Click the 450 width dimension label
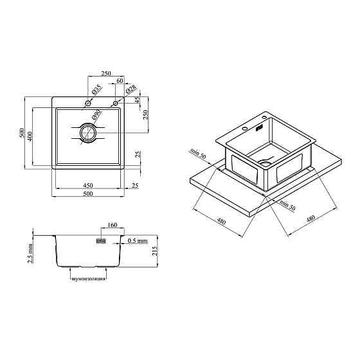pos(88,185)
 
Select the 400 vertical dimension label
pos(30,136)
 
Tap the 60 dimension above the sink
pos(120,80)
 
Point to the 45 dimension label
pos(137,100)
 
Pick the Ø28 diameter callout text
pos(131,89)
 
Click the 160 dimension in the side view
pos(113,225)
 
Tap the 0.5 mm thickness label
pos(138,241)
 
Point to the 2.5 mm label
pos(30,253)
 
